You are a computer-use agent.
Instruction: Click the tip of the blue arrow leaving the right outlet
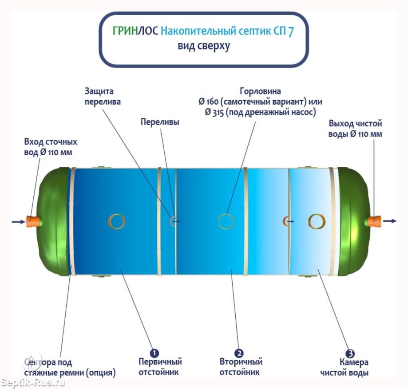396,221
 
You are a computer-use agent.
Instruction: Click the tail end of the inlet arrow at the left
12,222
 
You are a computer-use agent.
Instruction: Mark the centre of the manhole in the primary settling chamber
117,221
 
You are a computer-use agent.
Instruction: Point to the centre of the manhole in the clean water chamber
317,221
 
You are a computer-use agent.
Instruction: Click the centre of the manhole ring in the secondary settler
226,221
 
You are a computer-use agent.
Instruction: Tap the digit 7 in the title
291,31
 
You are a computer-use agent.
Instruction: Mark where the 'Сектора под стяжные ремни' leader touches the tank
71,266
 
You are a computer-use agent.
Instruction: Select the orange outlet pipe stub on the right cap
374,222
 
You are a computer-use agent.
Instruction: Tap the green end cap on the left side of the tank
53,221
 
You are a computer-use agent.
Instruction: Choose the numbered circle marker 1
154,353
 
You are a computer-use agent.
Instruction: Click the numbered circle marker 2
239,353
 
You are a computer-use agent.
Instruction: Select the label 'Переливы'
160,122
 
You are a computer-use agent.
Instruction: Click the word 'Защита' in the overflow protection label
99,91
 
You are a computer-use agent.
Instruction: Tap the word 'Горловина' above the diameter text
260,91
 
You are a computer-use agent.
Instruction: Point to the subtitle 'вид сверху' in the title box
204,46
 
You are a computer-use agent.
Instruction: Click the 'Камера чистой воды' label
344,367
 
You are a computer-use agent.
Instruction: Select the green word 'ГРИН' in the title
125,31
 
